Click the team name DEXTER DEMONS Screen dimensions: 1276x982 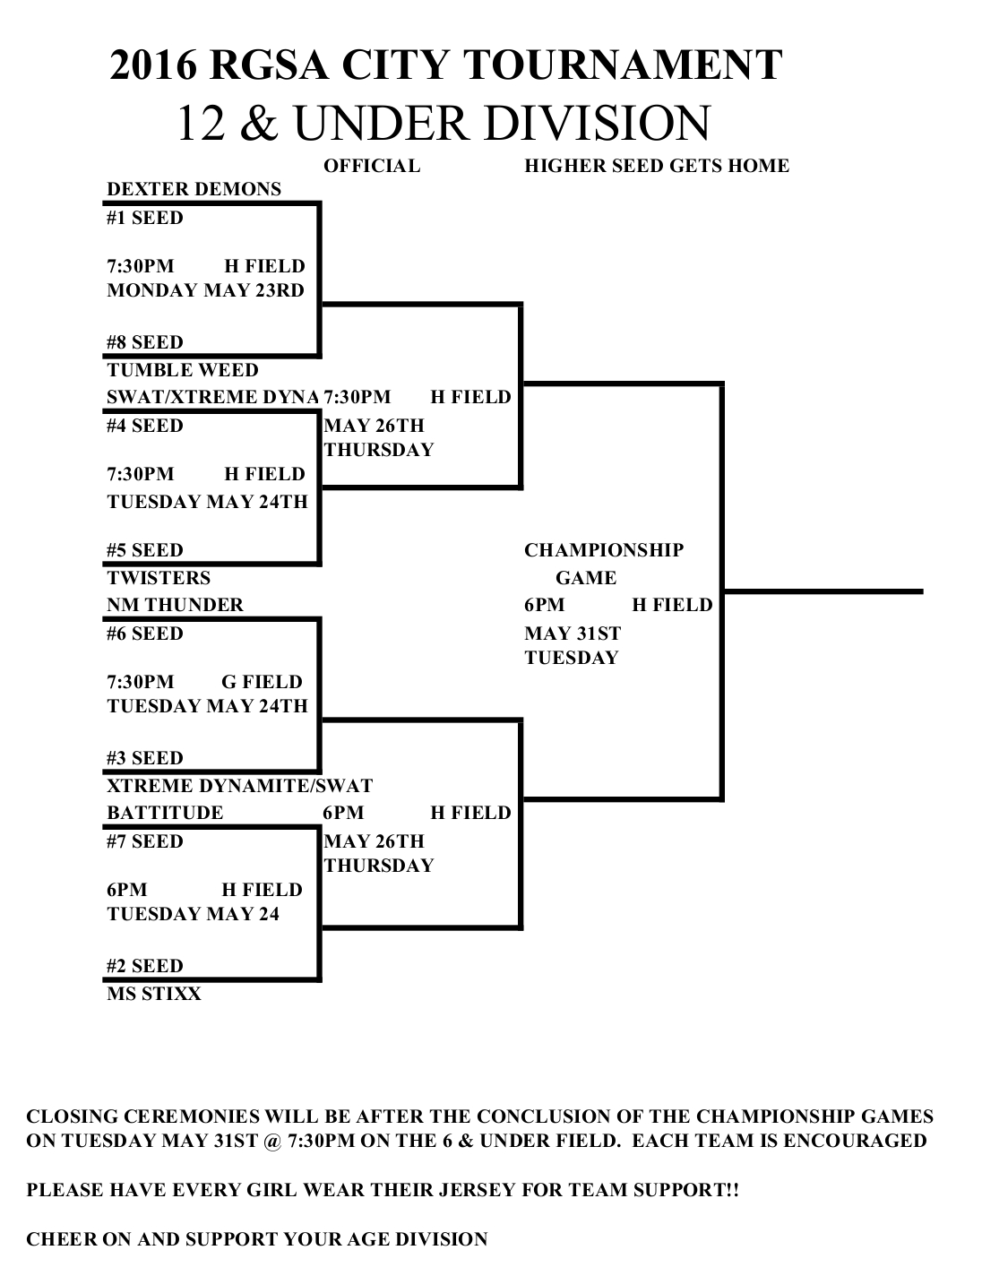194,189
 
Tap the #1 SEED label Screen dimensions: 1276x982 144,218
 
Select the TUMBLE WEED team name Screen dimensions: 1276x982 182,370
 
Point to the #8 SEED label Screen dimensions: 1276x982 144,342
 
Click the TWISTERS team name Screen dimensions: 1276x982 159,578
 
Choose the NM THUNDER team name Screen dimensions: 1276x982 175,605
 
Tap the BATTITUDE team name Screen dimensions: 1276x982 165,813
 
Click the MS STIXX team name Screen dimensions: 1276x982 154,994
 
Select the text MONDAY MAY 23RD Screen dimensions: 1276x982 205,290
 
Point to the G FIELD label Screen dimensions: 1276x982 262,682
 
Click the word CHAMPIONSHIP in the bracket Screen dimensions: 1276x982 603,550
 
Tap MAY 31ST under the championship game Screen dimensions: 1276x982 572,634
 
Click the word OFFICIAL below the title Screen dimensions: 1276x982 371,166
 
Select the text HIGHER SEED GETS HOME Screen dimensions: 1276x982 656,166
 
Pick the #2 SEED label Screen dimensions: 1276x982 144,966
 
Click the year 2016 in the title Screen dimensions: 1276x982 151,66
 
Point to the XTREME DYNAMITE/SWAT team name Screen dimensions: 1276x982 239,786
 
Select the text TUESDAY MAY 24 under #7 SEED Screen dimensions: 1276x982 193,914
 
